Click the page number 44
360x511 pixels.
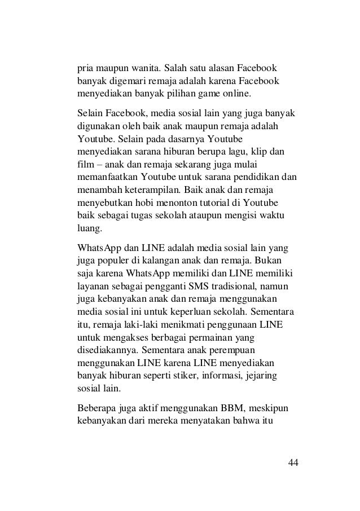pyautogui.click(x=293, y=463)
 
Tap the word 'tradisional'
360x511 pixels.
pyautogui.click(x=242, y=286)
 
